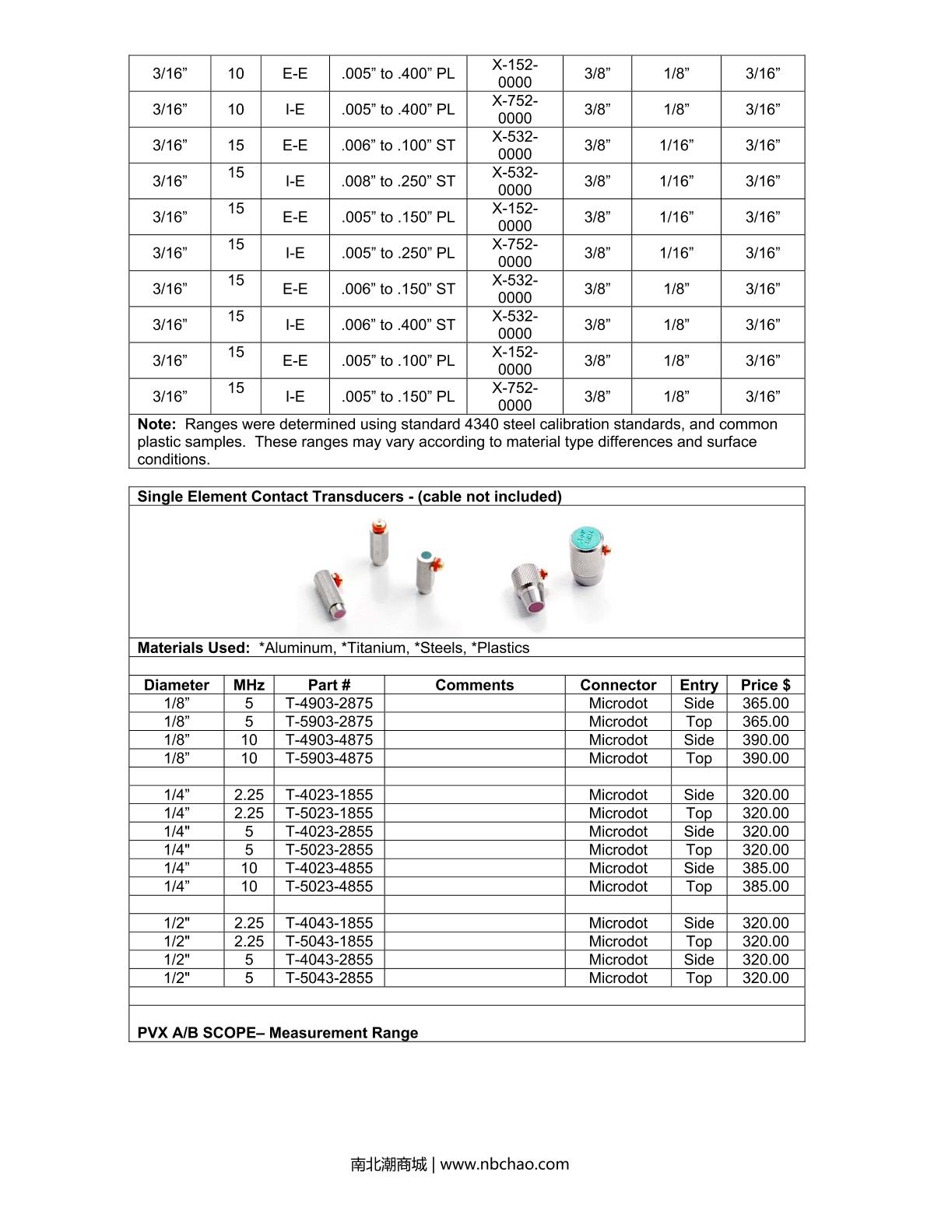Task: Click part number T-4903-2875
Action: pyautogui.click(x=328, y=704)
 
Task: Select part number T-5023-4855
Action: pyautogui.click(x=328, y=887)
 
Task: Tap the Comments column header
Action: pyautogui.click(x=474, y=685)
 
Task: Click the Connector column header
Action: pyautogui.click(x=618, y=685)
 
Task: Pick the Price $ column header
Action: pyautogui.click(x=765, y=685)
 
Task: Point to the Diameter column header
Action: pyautogui.click(x=177, y=685)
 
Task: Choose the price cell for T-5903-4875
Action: pyautogui.click(x=765, y=758)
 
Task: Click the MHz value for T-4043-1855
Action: pyautogui.click(x=249, y=923)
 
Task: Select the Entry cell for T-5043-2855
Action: pyautogui.click(x=698, y=978)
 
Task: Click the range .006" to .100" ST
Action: pyautogui.click(x=398, y=146)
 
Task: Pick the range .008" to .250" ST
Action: pyautogui.click(x=398, y=181)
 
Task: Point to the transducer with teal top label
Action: pyautogui.click(x=588, y=554)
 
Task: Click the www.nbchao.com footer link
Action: pyautogui.click(x=504, y=1164)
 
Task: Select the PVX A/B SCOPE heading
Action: pyautogui.click(x=277, y=1033)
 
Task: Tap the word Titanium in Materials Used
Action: pyautogui.click(x=372, y=648)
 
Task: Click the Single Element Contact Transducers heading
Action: pyautogui.click(x=349, y=497)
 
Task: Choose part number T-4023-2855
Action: pyautogui.click(x=328, y=831)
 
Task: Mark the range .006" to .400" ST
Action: pyautogui.click(x=398, y=325)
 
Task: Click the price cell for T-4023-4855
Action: pyautogui.click(x=765, y=868)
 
